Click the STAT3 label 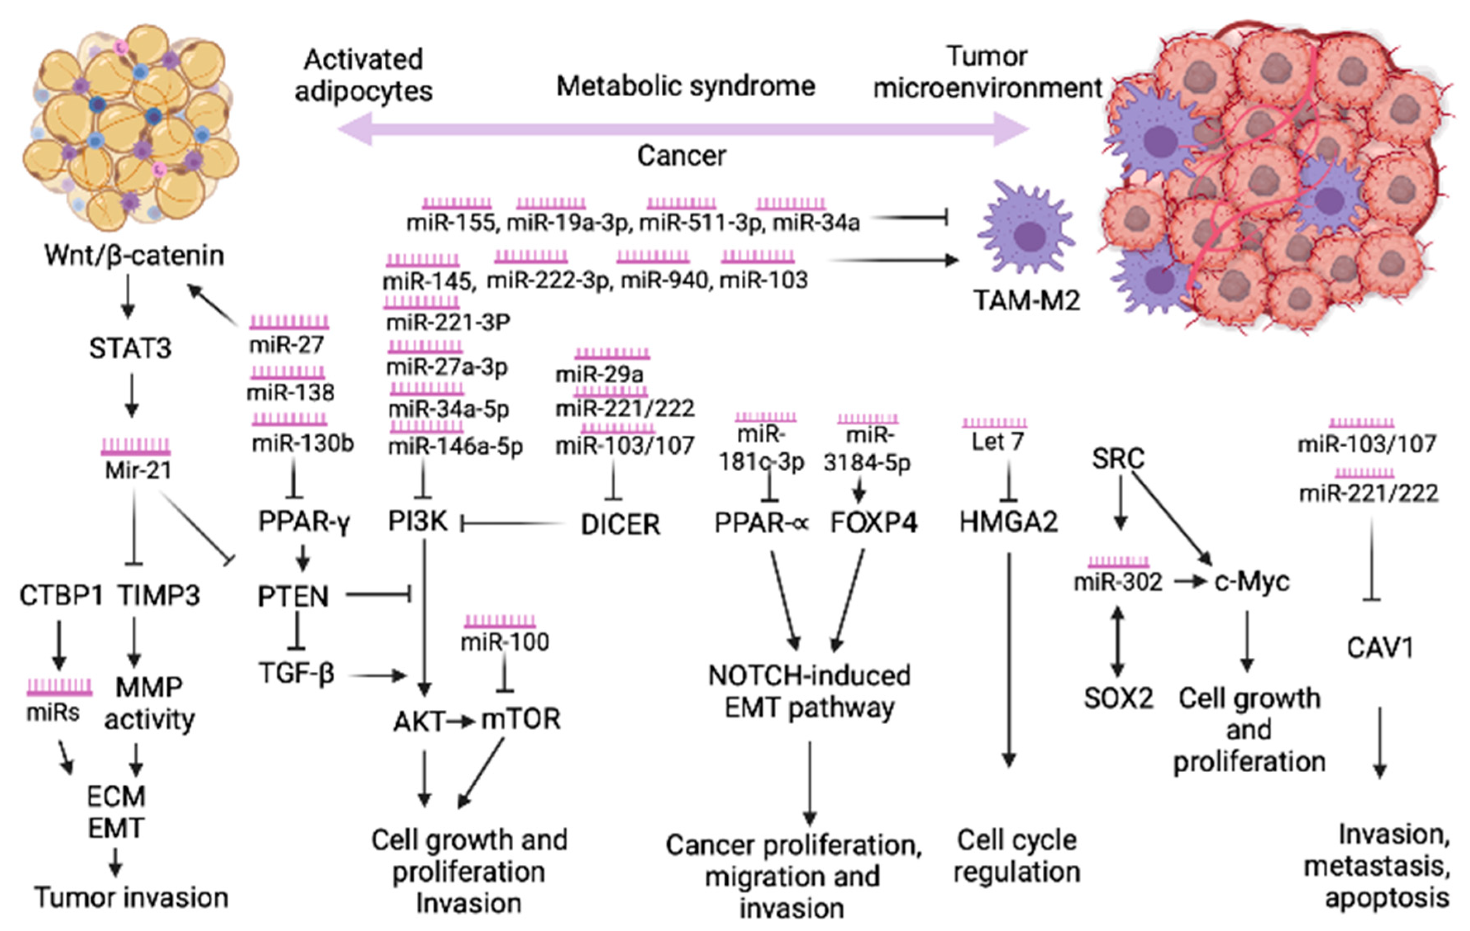(x=130, y=349)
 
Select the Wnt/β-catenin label (x=134, y=255)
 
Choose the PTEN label (x=293, y=596)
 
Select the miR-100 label (x=504, y=642)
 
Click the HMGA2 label (x=1008, y=523)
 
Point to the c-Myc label (x=1251, y=581)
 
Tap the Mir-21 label (x=138, y=470)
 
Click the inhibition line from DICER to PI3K (x=513, y=523)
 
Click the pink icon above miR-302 (x=1118, y=562)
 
